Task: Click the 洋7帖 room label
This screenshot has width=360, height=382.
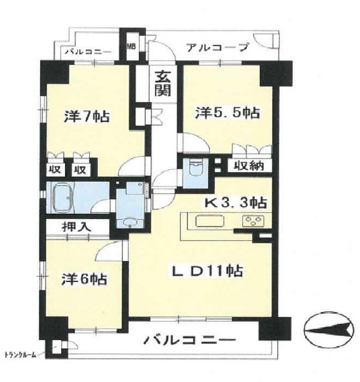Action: (87, 117)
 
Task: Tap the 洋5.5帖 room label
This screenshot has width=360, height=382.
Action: (227, 113)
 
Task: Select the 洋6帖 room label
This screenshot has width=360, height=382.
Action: (84, 279)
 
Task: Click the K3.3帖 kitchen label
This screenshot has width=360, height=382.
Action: (235, 202)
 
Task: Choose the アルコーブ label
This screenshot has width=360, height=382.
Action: (218, 48)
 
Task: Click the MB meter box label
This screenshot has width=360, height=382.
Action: (131, 46)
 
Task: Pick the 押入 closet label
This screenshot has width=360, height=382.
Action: (76, 227)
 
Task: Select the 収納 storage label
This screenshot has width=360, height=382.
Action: (249, 166)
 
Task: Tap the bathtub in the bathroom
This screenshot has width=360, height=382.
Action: (62, 198)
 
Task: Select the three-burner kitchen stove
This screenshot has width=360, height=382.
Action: (253, 221)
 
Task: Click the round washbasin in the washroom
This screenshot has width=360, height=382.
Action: (129, 222)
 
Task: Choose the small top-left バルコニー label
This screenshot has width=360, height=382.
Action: (88, 52)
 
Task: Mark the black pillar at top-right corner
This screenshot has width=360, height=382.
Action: (276, 73)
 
